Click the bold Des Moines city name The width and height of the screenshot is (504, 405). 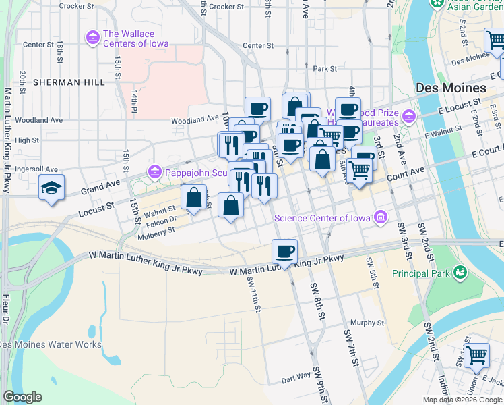click(451, 88)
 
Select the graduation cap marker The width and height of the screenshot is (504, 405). click(51, 188)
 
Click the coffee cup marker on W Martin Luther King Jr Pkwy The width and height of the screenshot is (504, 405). click(284, 252)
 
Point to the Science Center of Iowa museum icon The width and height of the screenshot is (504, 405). click(381, 217)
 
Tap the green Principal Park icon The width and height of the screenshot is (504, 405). click(460, 273)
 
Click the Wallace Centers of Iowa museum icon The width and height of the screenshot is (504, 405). click(92, 38)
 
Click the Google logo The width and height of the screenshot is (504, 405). click(22, 397)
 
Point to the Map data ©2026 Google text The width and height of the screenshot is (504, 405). click(462, 400)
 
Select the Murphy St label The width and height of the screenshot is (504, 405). click(367, 323)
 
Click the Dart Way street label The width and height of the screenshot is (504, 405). click(296, 379)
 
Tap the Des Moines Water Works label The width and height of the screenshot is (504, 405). click(51, 344)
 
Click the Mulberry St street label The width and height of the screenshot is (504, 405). click(156, 230)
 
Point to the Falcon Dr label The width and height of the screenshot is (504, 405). click(160, 219)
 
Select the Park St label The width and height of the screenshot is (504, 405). click(324, 68)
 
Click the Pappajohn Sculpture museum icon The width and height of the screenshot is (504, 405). click(155, 172)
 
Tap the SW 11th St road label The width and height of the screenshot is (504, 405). click(253, 295)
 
